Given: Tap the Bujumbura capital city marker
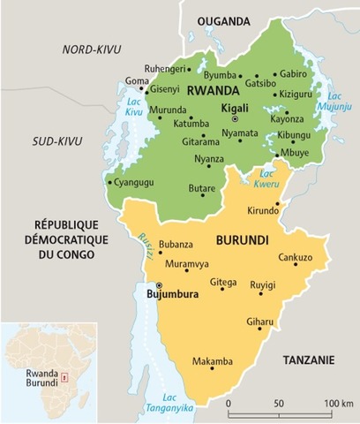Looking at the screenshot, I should click(159, 286).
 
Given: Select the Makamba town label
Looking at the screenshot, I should click(213, 360).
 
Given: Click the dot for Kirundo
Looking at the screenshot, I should click(277, 205).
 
